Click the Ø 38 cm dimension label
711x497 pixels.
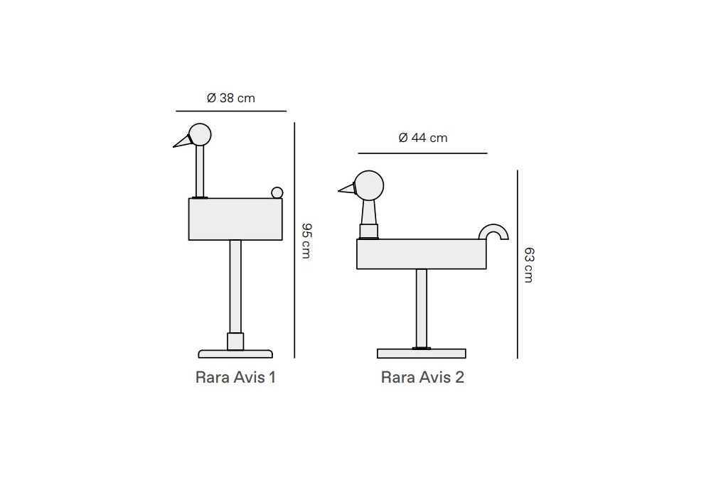[231, 98]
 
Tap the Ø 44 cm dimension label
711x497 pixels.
[423, 138]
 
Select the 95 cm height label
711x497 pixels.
[306, 241]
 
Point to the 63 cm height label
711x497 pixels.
[529, 266]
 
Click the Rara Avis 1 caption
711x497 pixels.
[235, 377]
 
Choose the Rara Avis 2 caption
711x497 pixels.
[422, 377]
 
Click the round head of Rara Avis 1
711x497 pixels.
[200, 134]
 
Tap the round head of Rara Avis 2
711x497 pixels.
[369, 185]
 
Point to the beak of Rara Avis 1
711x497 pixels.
[181, 141]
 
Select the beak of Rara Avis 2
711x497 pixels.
[347, 189]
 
